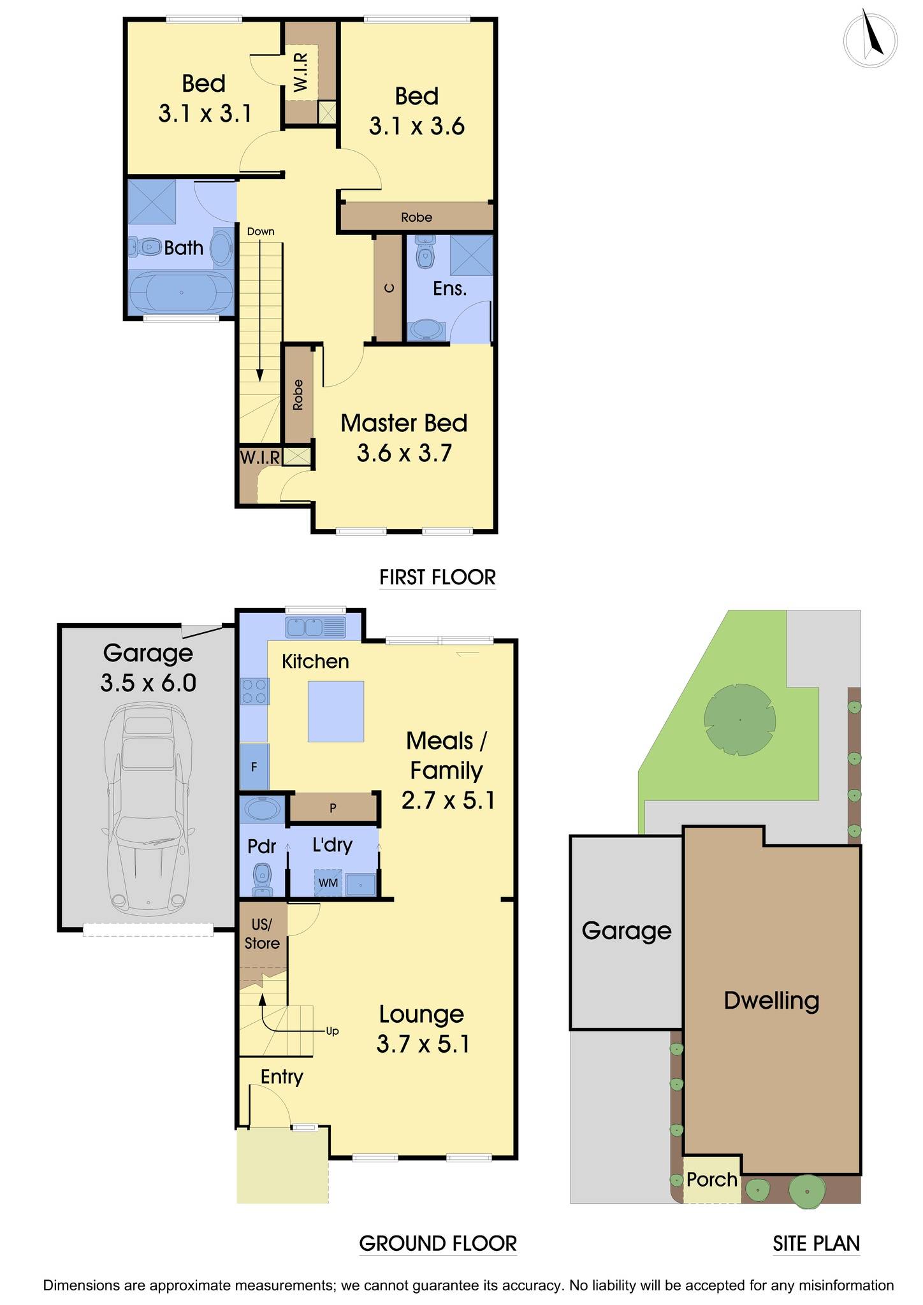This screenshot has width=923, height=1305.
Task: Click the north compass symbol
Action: click(870, 40)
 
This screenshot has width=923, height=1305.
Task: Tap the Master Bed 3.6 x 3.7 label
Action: click(403, 438)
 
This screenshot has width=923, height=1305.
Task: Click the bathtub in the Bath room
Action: click(182, 292)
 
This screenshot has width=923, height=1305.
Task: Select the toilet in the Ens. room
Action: click(424, 253)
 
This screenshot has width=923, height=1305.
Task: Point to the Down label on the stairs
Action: click(261, 231)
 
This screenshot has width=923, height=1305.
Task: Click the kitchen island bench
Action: click(336, 711)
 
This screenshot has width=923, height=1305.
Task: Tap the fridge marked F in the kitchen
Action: click(254, 767)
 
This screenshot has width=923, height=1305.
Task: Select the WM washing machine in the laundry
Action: click(328, 883)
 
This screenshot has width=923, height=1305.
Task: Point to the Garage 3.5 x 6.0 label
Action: click(148, 668)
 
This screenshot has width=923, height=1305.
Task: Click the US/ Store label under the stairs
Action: click(262, 934)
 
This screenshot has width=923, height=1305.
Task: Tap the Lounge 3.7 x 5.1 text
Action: click(422, 1029)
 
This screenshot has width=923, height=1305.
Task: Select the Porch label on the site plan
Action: click(711, 1179)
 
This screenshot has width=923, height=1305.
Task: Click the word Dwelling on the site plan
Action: click(771, 1000)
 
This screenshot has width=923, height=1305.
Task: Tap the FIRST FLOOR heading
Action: click(437, 577)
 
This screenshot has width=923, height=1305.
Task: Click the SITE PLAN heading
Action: click(816, 1243)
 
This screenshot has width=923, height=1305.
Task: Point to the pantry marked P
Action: click(333, 808)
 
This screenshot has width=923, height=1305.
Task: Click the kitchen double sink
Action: click(306, 628)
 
